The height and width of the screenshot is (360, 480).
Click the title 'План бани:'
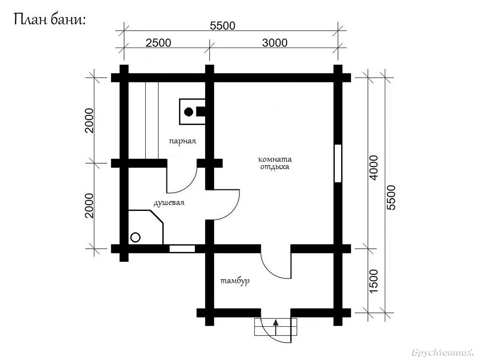[50, 20]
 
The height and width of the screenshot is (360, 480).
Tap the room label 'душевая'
[169, 203]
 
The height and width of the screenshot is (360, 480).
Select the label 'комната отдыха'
[275, 163]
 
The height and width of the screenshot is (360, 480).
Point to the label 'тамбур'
[235, 281]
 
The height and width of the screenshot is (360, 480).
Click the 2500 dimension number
[158, 43]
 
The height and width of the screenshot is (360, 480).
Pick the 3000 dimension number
[275, 43]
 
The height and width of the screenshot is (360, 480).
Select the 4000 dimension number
[374, 168]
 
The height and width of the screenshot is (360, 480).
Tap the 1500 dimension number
[374, 281]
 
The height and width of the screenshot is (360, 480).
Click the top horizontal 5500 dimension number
[222, 26]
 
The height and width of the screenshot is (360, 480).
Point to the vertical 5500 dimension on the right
[391, 198]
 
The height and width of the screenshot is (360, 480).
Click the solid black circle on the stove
[188, 112]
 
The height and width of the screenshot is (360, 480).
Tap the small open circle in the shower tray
[135, 237]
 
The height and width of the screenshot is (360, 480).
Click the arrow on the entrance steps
[276, 328]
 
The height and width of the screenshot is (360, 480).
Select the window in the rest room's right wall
[338, 163]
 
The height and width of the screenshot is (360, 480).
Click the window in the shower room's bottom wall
[182, 249]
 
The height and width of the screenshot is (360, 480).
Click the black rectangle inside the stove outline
[200, 112]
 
